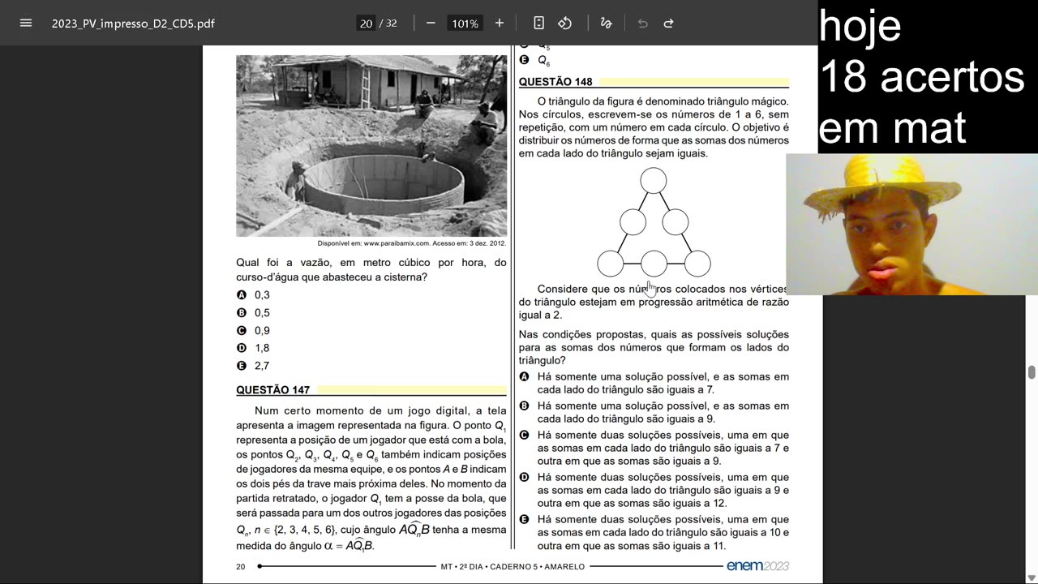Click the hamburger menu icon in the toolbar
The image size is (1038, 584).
[26, 23]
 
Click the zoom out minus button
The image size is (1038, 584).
[431, 23]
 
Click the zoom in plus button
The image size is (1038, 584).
[500, 23]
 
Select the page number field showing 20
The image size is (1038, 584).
[367, 24]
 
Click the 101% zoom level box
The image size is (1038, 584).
[465, 24]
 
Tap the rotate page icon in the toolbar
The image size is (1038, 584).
[565, 23]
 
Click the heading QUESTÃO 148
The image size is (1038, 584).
[555, 82]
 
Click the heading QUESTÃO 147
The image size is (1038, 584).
[272, 390]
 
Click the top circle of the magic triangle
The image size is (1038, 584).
[654, 180]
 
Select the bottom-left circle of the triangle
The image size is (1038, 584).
[611, 264]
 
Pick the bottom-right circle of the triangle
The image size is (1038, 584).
[697, 264]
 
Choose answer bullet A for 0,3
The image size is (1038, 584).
[241, 295]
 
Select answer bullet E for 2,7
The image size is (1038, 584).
[241, 366]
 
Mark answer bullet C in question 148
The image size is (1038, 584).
[524, 435]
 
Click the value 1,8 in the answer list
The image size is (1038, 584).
[262, 348]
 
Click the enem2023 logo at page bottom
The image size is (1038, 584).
[757, 566]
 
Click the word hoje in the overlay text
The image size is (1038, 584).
[860, 26]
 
